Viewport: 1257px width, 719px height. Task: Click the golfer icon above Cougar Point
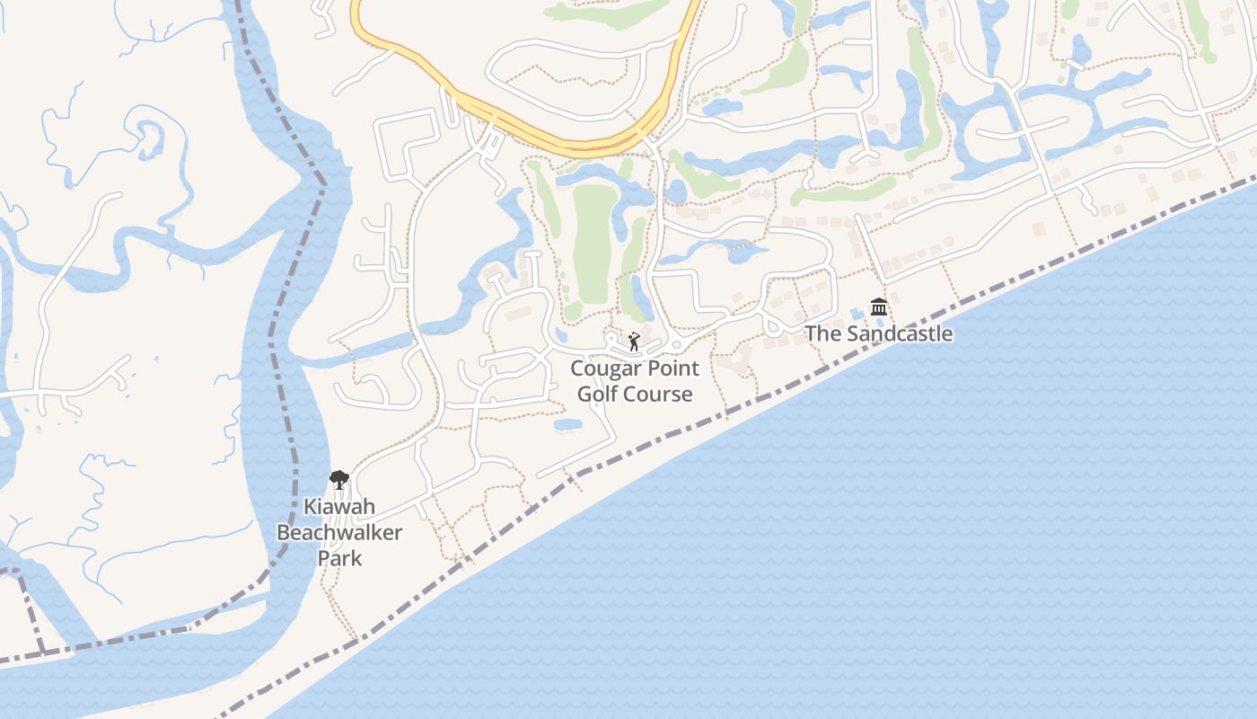click(634, 342)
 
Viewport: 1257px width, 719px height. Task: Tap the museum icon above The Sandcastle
click(879, 307)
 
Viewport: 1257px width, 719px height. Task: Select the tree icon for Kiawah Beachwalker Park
click(338, 480)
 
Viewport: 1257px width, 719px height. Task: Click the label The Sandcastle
click(878, 333)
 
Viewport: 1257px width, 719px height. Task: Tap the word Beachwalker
click(339, 532)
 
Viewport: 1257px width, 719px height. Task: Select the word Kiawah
click(338, 506)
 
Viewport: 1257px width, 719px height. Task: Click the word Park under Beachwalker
click(339, 558)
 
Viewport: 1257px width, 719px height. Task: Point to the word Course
click(660, 394)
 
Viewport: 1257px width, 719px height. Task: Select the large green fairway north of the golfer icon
click(593, 243)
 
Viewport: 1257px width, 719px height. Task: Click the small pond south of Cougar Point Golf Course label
click(567, 424)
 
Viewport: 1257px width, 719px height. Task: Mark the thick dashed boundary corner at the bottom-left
click(40, 649)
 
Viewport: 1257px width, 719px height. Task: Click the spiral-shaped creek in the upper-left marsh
click(148, 135)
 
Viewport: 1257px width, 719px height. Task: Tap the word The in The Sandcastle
click(820, 333)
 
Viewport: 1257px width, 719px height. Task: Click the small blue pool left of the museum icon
click(857, 312)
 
